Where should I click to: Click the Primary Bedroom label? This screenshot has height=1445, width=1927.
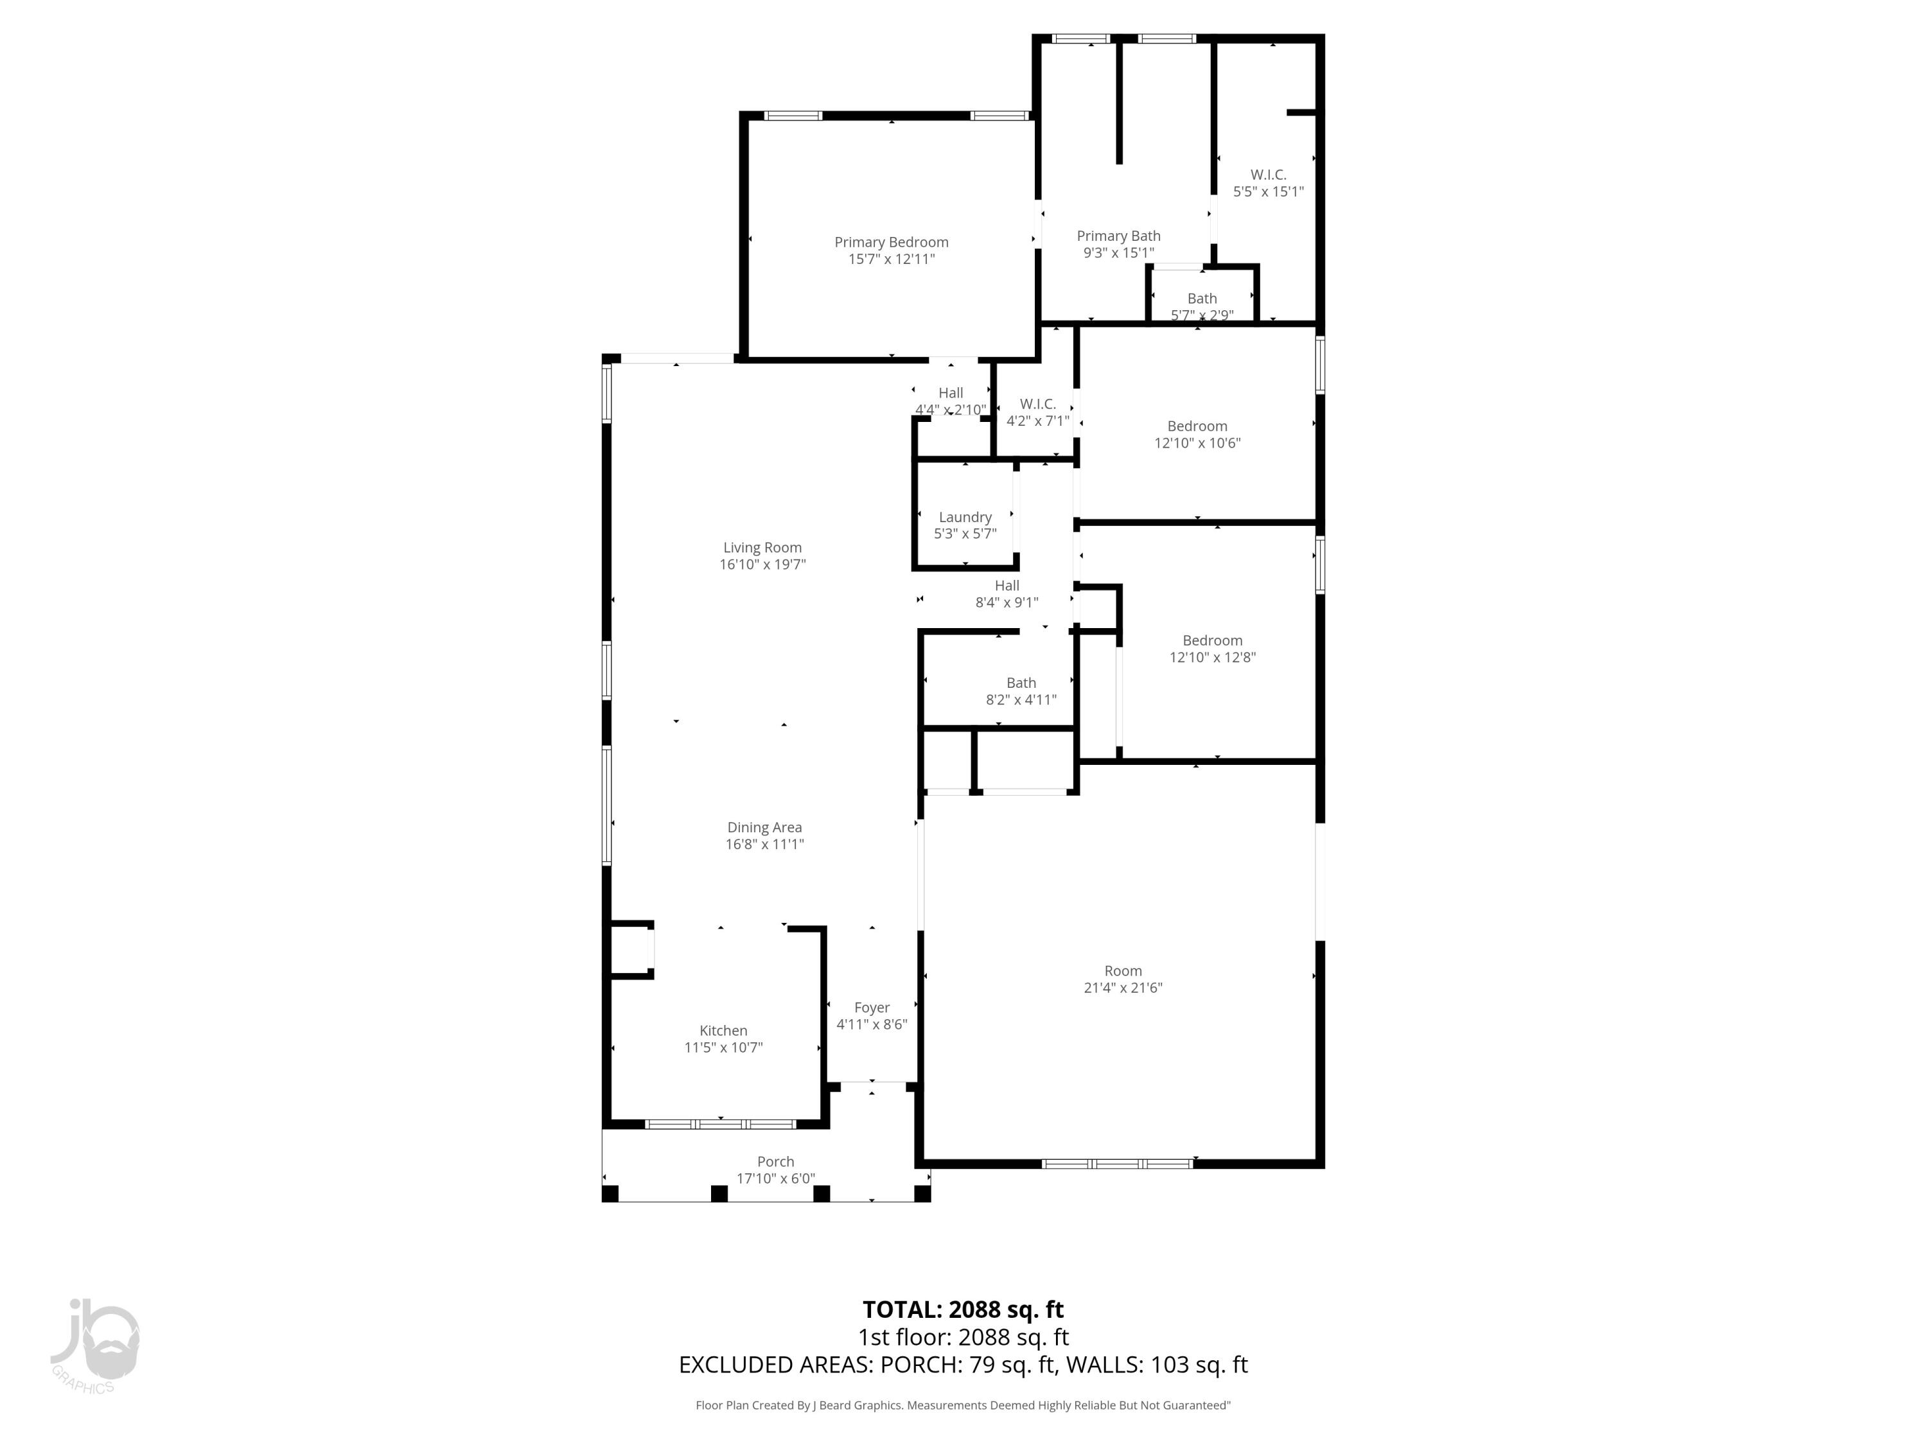[891, 242]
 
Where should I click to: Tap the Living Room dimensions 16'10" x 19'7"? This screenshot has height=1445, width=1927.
[762, 565]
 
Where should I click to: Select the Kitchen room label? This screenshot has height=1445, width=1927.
[723, 1030]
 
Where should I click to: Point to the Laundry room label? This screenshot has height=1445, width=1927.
[964, 518]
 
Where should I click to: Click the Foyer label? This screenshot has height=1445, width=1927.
[871, 1008]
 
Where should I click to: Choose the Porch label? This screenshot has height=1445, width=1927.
[775, 1162]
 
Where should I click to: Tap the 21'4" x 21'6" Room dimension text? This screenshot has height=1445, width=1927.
[1123, 988]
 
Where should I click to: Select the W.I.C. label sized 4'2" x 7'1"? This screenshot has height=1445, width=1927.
[1037, 404]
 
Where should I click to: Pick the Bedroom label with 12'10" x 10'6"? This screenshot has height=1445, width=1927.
[1197, 426]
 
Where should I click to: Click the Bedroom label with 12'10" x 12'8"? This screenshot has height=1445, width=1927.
[1212, 640]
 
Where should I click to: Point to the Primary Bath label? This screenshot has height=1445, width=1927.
[1118, 236]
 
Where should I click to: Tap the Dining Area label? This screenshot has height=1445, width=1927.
[764, 827]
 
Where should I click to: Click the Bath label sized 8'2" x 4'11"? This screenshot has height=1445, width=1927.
[1021, 683]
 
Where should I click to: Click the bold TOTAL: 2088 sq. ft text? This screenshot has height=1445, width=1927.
[963, 1310]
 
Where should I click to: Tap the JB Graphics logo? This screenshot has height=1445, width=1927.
[94, 1345]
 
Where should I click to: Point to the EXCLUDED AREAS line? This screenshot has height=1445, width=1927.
[963, 1365]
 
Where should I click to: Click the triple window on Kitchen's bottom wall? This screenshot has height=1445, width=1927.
[721, 1125]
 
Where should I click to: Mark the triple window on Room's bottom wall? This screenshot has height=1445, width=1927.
[1118, 1164]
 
